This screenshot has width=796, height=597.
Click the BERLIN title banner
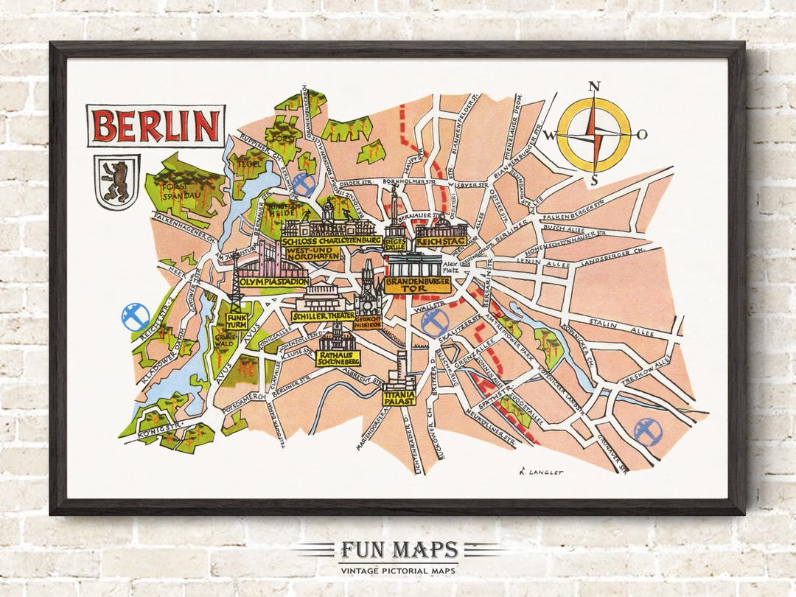(x=156, y=126)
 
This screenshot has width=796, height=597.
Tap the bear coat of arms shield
(x=116, y=182)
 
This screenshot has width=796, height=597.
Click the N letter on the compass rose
(x=594, y=87)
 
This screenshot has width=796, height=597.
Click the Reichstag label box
(x=441, y=242)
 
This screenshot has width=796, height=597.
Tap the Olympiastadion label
(x=273, y=282)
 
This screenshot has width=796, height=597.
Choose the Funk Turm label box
(x=237, y=321)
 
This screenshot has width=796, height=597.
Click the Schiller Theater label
(x=322, y=315)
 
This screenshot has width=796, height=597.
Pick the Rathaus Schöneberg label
(x=338, y=358)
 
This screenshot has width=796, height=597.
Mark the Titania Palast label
(x=399, y=397)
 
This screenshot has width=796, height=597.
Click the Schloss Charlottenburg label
(x=331, y=240)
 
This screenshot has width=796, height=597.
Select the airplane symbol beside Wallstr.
(x=433, y=322)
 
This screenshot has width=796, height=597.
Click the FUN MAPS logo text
(x=398, y=550)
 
